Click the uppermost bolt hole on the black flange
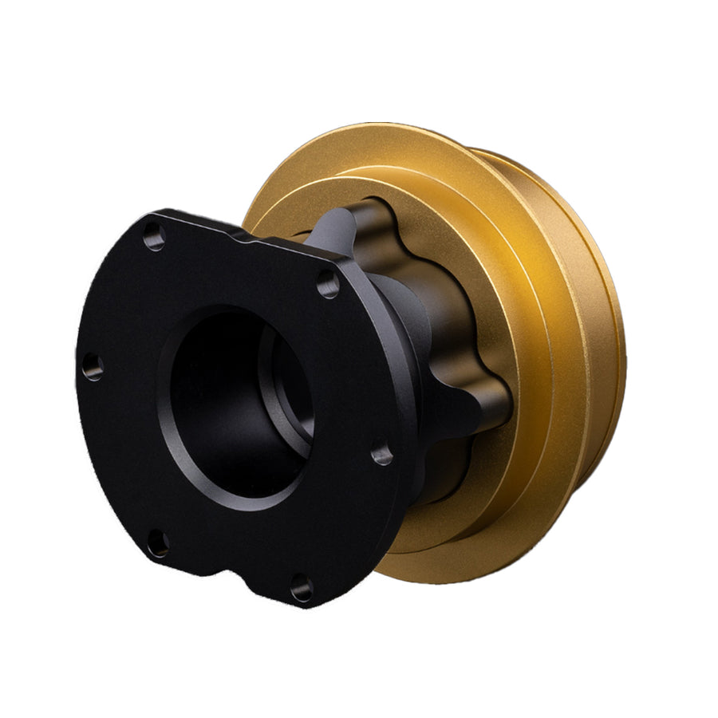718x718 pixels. pyautogui.click(x=155, y=235)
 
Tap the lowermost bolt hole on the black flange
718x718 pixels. pyautogui.click(x=302, y=589)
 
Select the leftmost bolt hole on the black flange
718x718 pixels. pyautogui.click(x=93, y=367)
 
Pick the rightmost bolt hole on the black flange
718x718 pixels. pyautogui.click(x=381, y=455)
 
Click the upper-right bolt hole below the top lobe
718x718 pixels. pyautogui.click(x=327, y=283)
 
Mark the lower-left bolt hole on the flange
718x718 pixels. pyautogui.click(x=158, y=544)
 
